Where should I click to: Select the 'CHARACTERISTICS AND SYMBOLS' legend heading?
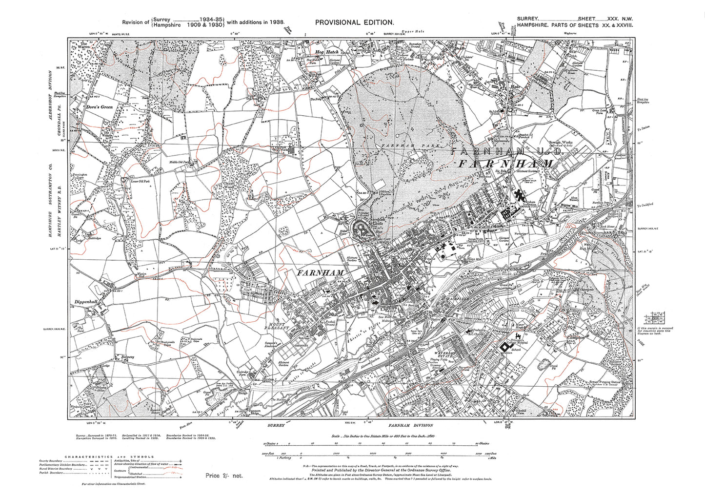click(72, 457)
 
